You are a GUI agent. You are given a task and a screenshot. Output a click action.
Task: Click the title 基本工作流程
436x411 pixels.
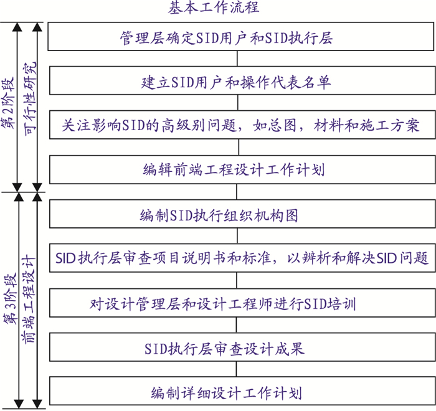[x=214, y=7]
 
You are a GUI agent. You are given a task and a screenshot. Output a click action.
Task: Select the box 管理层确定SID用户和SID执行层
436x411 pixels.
[x=241, y=37]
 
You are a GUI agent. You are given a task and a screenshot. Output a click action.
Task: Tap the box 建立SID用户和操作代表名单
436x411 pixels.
[x=242, y=80]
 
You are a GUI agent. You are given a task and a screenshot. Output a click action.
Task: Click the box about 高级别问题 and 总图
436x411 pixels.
[x=242, y=125]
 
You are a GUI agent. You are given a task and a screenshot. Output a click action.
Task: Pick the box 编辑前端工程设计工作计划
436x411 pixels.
[x=242, y=169]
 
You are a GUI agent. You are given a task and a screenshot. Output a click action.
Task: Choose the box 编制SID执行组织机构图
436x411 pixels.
[x=242, y=214]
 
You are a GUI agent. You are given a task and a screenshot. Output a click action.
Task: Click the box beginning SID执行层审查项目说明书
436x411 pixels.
[x=242, y=258]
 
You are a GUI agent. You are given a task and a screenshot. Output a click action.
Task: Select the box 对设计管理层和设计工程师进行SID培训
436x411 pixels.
[x=242, y=303]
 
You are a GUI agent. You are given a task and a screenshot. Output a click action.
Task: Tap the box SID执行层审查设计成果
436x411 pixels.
[x=242, y=347]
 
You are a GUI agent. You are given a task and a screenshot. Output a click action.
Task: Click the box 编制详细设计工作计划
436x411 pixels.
[x=242, y=391]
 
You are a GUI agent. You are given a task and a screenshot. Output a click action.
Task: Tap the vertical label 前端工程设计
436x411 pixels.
[x=29, y=300]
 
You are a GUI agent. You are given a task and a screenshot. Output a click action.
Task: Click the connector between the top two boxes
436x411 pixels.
[x=237, y=59]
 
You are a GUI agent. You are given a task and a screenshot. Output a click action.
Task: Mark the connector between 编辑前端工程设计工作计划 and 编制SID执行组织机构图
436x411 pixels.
[x=237, y=192]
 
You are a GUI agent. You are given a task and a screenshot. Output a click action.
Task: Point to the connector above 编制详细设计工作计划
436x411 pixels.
[x=237, y=369]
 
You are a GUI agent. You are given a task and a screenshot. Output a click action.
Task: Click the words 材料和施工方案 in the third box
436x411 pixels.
[x=366, y=125]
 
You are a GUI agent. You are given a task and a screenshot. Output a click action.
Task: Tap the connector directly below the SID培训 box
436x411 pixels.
[x=237, y=325]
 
